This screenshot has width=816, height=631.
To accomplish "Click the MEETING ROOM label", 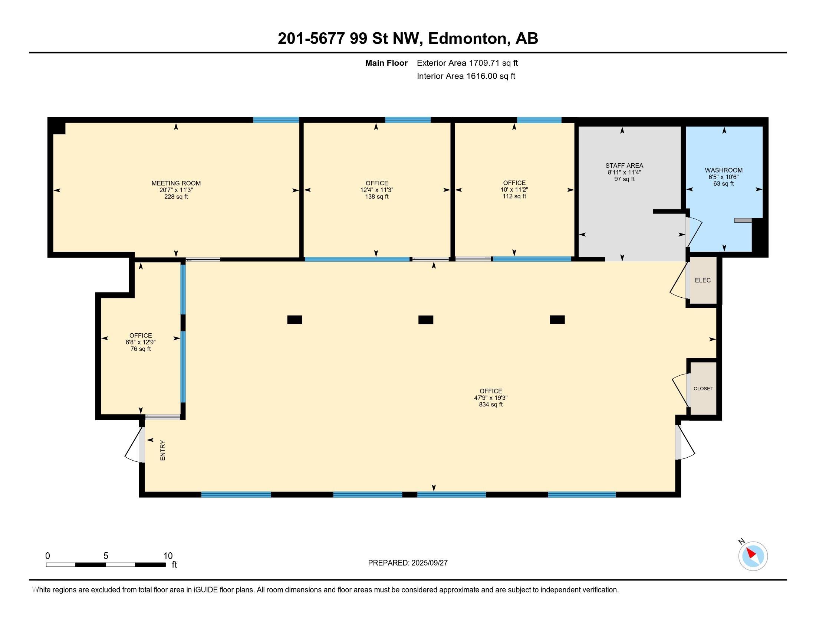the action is click(176, 183).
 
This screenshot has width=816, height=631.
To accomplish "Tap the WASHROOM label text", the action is click(724, 170).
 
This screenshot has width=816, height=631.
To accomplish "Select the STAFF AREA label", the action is click(624, 166).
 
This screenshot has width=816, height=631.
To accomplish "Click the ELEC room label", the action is click(703, 280).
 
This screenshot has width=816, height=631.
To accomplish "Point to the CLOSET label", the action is click(704, 388).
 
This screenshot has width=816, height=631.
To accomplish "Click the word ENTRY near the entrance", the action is click(162, 450).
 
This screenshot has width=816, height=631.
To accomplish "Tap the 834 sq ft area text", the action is click(491, 405).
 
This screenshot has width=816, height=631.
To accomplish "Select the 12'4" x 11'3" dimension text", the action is click(376, 190).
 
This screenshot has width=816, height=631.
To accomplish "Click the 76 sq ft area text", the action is click(141, 349).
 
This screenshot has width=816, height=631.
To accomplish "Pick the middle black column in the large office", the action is click(425, 320).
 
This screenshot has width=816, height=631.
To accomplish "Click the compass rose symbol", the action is click(753, 556).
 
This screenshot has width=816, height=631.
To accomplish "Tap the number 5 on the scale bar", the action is click(106, 556).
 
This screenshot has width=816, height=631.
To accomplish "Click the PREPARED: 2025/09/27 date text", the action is click(408, 563).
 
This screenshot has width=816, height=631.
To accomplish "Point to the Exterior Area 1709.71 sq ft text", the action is click(467, 63).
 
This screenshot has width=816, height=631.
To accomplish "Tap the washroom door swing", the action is click(694, 232).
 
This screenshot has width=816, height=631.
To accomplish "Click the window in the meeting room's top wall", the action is click(276, 120).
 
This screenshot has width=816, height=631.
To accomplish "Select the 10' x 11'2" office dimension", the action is click(514, 190).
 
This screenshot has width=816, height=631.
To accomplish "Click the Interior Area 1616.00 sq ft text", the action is click(466, 76).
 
